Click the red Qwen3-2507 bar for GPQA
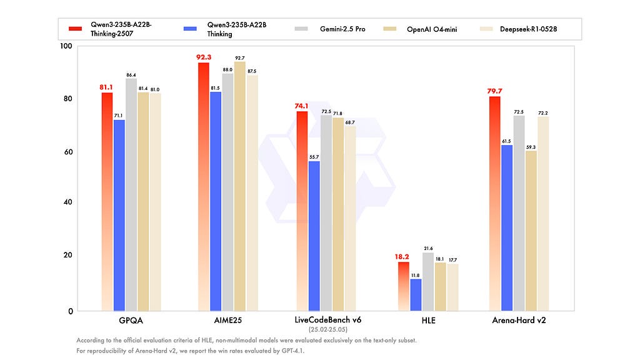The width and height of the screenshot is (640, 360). tap(107, 200)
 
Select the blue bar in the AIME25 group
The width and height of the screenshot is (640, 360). tap(215, 200)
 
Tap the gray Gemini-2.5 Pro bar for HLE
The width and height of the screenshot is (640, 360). tap(427, 281)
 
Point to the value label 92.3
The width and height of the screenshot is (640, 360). tap(204, 57)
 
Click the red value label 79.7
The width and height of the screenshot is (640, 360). tap(495, 91)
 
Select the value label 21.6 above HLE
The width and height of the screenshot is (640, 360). tap(427, 249)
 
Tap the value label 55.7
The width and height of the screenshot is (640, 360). tap(314, 156)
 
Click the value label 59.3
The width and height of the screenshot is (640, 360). tap(531, 147)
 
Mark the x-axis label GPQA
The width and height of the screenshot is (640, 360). tap(131, 321)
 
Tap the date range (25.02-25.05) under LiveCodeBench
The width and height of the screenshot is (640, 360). tap(327, 329)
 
